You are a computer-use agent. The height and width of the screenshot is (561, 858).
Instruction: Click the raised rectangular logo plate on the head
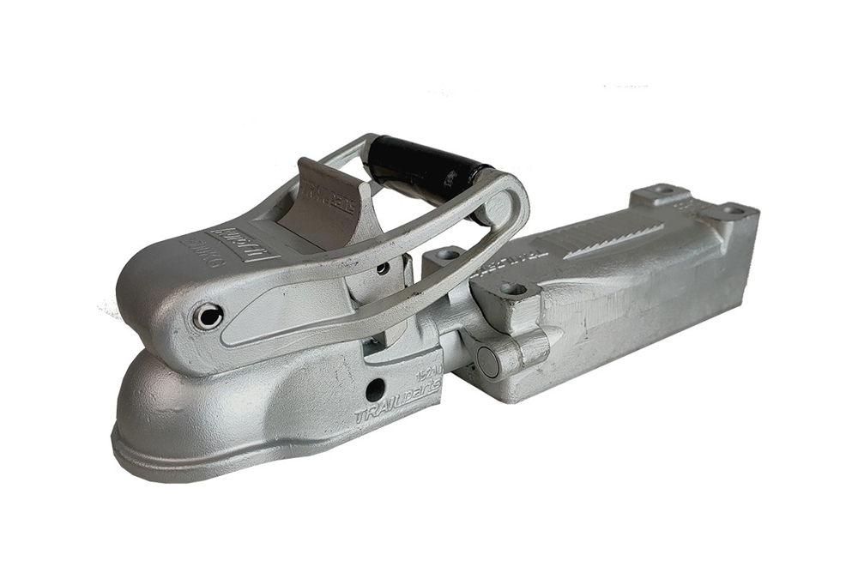pos(233,236)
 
